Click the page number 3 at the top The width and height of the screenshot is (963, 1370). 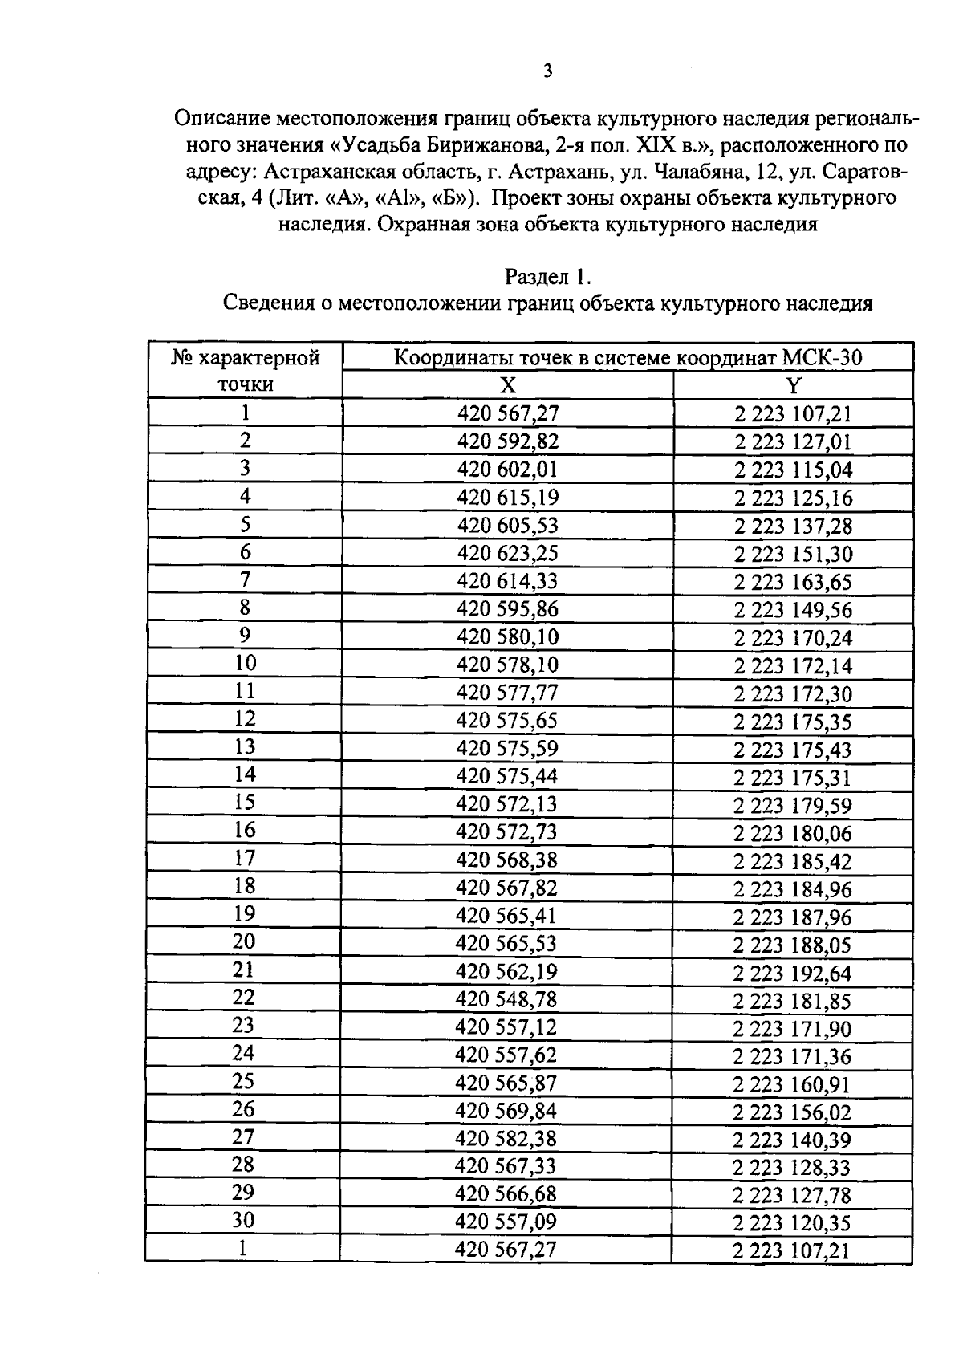pyautogui.click(x=547, y=71)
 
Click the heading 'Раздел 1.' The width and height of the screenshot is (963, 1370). pyautogui.click(x=547, y=277)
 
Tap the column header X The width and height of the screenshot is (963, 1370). pyautogui.click(x=507, y=386)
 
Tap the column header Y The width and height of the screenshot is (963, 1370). pyautogui.click(x=793, y=386)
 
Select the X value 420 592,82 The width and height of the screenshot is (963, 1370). pyautogui.click(x=507, y=441)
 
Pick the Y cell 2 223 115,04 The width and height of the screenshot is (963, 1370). pyautogui.click(x=793, y=470)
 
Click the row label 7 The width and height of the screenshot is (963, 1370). pyautogui.click(x=245, y=580)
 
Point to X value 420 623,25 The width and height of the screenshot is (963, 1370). pyautogui.click(x=507, y=553)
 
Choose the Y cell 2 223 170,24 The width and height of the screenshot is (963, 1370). pyautogui.click(x=793, y=637)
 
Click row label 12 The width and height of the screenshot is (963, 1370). pyautogui.click(x=245, y=719)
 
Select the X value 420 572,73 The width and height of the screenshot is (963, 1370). pyautogui.click(x=506, y=831)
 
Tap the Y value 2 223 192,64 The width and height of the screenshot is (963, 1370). pyautogui.click(x=792, y=973)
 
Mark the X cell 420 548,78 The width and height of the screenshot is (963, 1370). pyautogui.click(x=506, y=999)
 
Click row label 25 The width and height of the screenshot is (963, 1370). pyautogui.click(x=243, y=1082)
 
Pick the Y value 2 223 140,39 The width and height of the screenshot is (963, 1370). pyautogui.click(x=792, y=1140)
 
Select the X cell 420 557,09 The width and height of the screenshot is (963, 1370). pyautogui.click(x=506, y=1222)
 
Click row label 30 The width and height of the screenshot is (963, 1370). pyautogui.click(x=243, y=1221)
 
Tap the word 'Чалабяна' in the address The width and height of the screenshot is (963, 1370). pyautogui.click(x=692, y=172)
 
